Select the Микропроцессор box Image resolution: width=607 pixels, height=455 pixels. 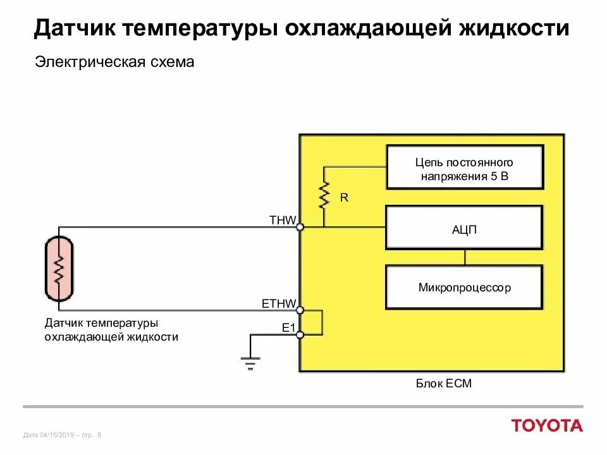click(464, 288)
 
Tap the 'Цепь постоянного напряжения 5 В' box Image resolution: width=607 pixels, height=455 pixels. click(464, 167)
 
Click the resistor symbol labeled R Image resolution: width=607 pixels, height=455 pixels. click(324, 196)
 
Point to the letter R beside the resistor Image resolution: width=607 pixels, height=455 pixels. click(344, 198)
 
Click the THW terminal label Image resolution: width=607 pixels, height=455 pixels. click(282, 220)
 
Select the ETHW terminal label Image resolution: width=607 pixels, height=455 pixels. click(279, 304)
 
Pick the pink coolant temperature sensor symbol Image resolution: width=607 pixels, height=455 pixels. click(59, 269)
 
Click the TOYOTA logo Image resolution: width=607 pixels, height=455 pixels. click(547, 425)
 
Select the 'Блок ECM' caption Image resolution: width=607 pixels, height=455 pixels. click(444, 384)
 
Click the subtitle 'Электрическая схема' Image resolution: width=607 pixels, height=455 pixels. click(114, 63)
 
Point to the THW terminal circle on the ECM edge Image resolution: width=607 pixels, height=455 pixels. click(300, 227)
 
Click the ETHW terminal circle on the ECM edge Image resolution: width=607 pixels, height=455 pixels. click(300, 310)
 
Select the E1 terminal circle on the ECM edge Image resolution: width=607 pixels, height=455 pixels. click(300, 334)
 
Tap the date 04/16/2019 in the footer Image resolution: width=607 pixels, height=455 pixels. click(57, 435)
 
